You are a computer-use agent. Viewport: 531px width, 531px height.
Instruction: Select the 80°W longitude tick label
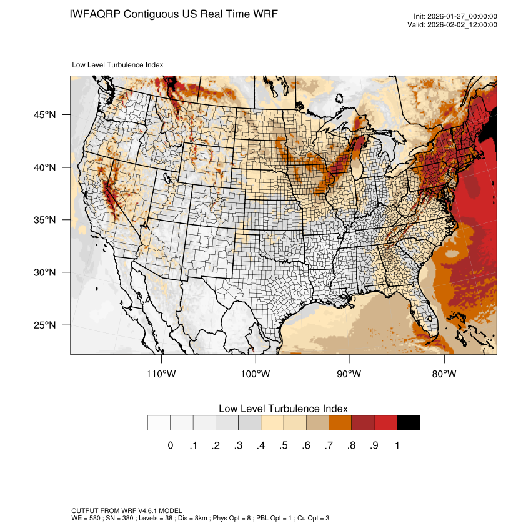point(444,374)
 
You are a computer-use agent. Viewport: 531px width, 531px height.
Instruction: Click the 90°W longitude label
point(349,374)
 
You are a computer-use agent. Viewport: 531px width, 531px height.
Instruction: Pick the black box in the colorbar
point(408,423)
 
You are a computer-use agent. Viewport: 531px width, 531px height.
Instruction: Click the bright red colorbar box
point(385,423)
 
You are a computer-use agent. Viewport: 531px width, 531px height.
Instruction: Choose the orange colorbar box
point(340,423)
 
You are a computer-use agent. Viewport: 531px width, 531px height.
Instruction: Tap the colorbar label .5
point(284,445)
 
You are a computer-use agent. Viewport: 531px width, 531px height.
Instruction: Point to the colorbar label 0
point(170,445)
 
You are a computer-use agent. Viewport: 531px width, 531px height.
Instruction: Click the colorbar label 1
point(397,445)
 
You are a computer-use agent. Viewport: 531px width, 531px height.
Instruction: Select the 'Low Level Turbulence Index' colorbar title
point(283,409)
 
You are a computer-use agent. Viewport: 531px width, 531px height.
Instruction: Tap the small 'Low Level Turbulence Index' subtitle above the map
point(117,64)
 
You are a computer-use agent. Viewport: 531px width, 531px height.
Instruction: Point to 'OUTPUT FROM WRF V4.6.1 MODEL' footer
point(127,510)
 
